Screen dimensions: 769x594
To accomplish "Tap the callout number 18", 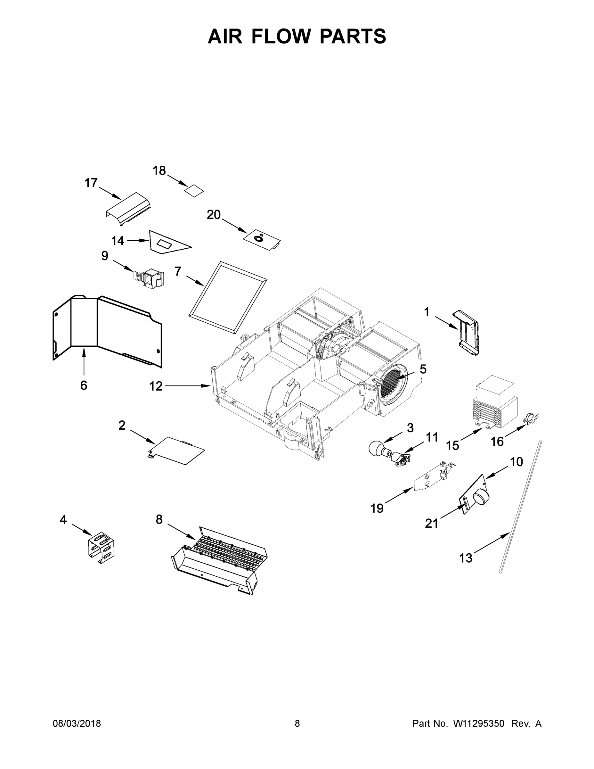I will coord(159,171).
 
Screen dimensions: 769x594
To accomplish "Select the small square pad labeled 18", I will coord(194,191).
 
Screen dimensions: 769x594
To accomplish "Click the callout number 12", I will coord(156,386).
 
